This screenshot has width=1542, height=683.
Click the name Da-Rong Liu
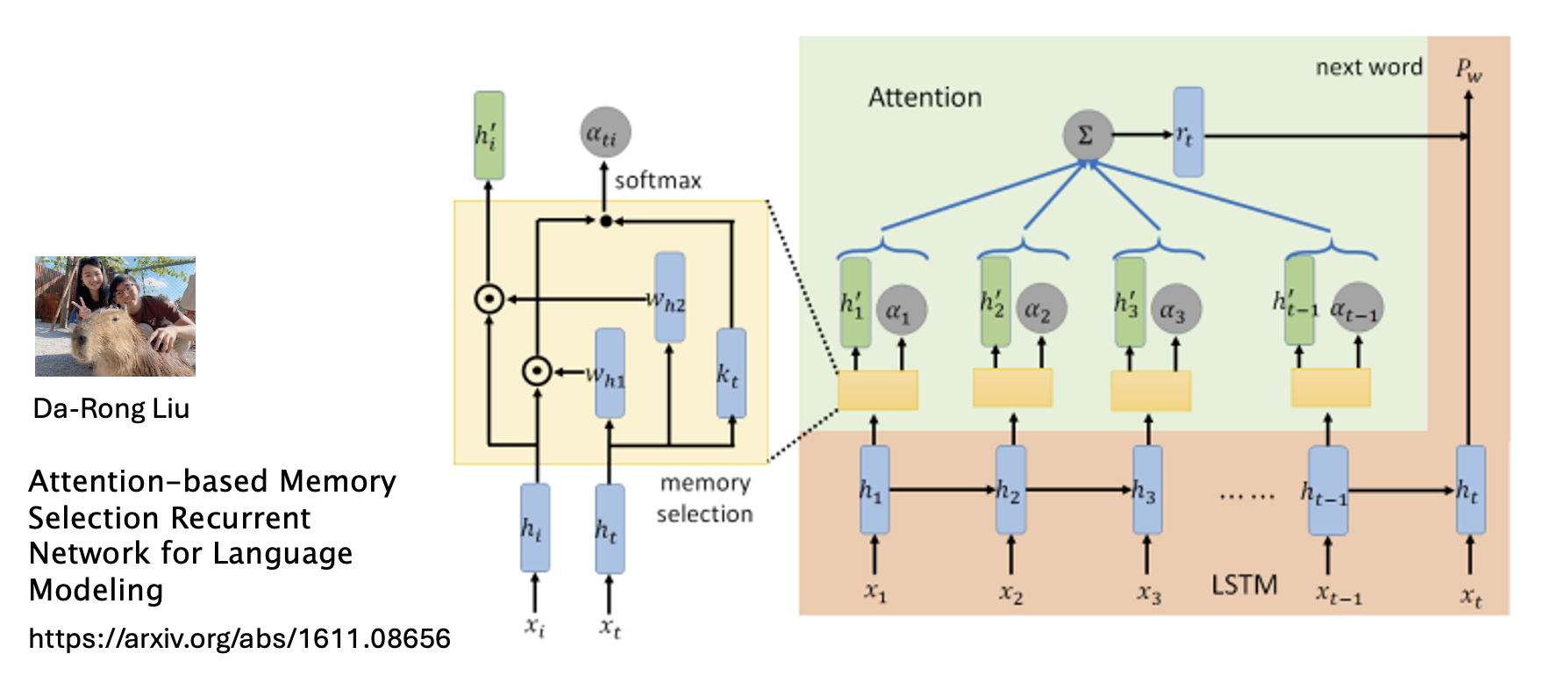(x=111, y=409)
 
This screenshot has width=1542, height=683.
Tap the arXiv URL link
(x=239, y=638)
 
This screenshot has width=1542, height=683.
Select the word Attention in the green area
(x=924, y=97)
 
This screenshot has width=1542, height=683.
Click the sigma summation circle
(x=1087, y=135)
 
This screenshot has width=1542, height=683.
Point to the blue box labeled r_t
(x=1188, y=133)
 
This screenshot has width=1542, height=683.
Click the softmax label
(x=658, y=181)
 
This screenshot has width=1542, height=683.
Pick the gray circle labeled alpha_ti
(x=604, y=133)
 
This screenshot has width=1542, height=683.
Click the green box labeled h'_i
(x=489, y=135)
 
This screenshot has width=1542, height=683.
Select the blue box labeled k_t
(x=731, y=374)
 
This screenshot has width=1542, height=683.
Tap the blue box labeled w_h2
(x=670, y=298)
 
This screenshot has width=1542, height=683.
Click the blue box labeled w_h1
(x=610, y=374)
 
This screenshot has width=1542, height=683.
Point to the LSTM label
(x=1244, y=586)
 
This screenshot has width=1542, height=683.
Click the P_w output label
(x=1468, y=69)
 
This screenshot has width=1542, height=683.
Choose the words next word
(x=1368, y=68)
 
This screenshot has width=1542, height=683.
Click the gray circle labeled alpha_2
(x=1041, y=309)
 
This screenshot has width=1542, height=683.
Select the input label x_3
(x=1148, y=594)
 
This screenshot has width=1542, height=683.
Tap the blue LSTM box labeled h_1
(x=875, y=490)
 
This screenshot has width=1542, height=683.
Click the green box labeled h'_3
(x=1130, y=302)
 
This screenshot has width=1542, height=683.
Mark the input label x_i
(x=535, y=627)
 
